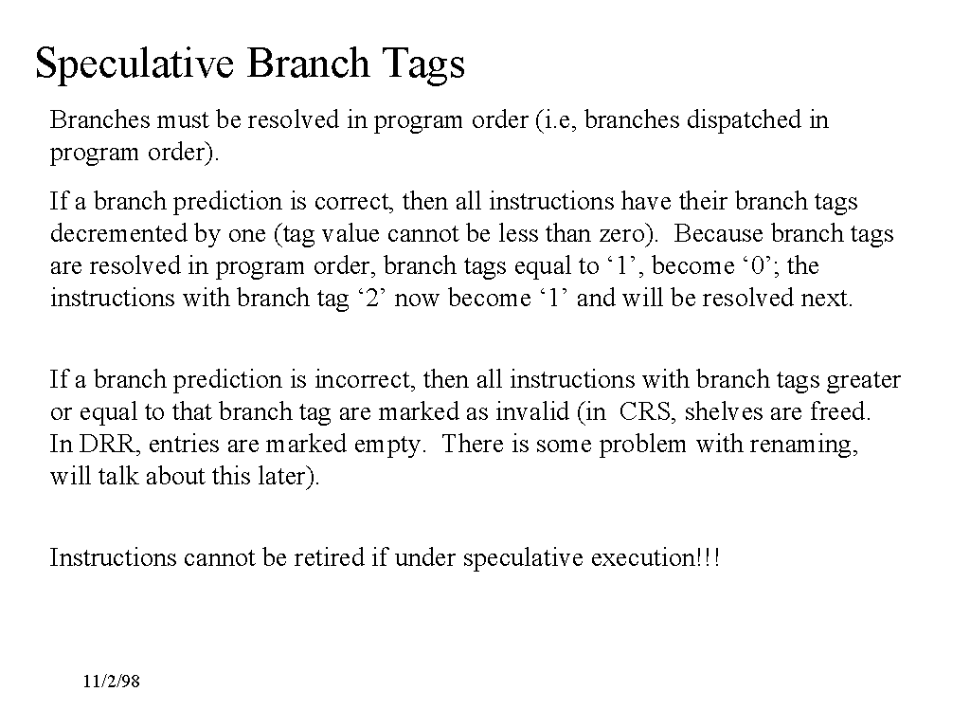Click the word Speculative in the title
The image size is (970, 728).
(135, 64)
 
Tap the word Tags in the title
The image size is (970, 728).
(423, 64)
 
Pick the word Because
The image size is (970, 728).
(719, 234)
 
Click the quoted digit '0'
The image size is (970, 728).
(758, 266)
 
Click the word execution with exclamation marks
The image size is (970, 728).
(656, 557)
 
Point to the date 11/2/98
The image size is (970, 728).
(112, 682)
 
